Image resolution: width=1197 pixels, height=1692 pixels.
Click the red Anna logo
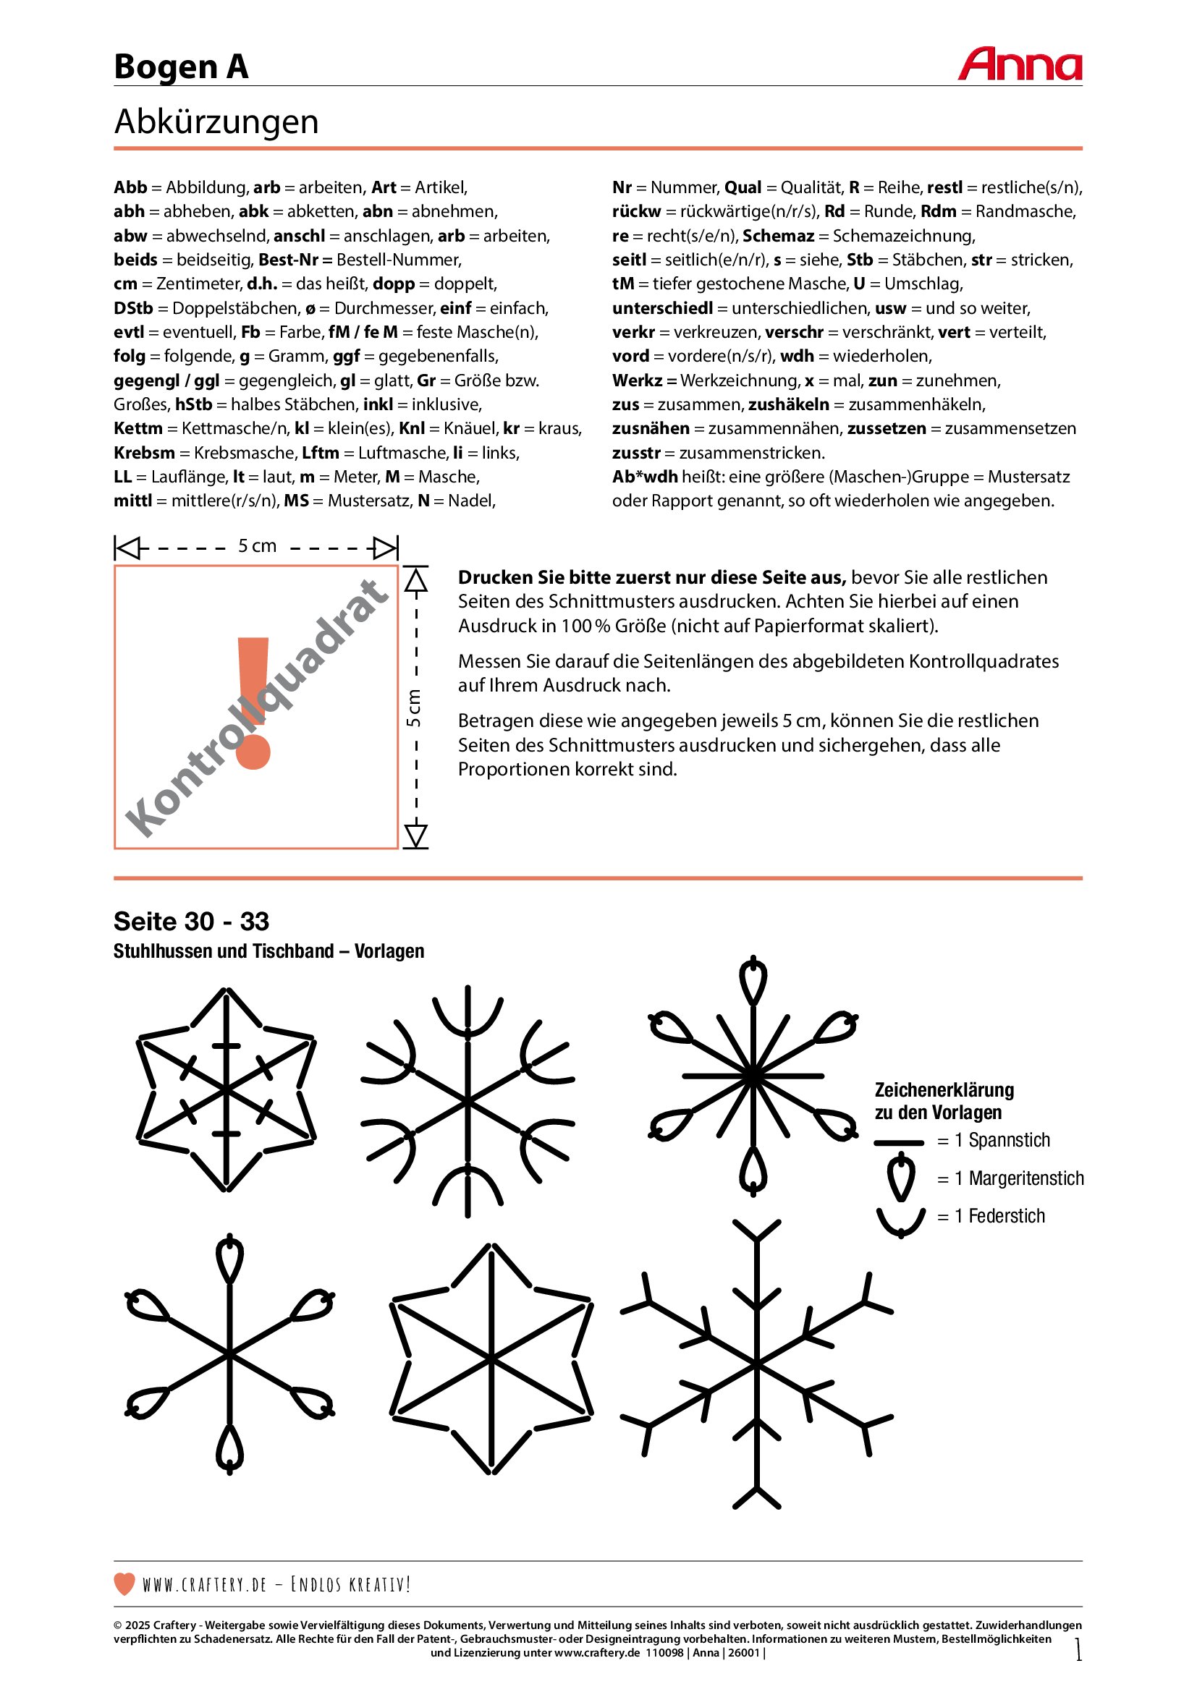pyautogui.click(x=1020, y=64)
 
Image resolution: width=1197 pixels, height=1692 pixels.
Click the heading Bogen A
pyautogui.click(x=182, y=67)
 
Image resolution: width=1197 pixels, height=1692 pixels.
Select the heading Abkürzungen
pyautogui.click(x=216, y=122)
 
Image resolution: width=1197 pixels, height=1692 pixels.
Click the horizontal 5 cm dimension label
pyautogui.click(x=257, y=546)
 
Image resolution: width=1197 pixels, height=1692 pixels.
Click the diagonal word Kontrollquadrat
pyautogui.click(x=255, y=707)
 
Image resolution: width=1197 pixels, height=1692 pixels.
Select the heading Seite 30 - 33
pyautogui.click(x=192, y=921)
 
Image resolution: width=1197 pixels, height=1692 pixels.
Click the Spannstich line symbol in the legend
pyautogui.click(x=899, y=1143)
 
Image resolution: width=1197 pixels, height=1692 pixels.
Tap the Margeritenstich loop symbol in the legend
pyautogui.click(x=901, y=1178)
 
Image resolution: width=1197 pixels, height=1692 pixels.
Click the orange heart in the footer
pyautogui.click(x=124, y=1583)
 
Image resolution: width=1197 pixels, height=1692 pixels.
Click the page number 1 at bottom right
pyautogui.click(x=1078, y=1649)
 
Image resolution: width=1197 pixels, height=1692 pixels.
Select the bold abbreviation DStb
pyautogui.click(x=133, y=308)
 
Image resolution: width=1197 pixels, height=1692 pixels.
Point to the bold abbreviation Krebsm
pyautogui.click(x=145, y=452)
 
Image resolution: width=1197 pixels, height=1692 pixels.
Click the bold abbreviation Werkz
pyautogui.click(x=637, y=381)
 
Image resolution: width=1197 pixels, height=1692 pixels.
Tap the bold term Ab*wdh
pyautogui.click(x=645, y=477)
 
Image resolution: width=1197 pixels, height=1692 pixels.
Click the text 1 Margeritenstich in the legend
pyautogui.click(x=1020, y=1178)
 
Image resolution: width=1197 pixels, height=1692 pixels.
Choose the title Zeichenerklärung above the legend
pyautogui.click(x=944, y=1090)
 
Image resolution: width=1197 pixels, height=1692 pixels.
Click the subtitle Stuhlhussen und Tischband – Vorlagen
pyautogui.click(x=269, y=951)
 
